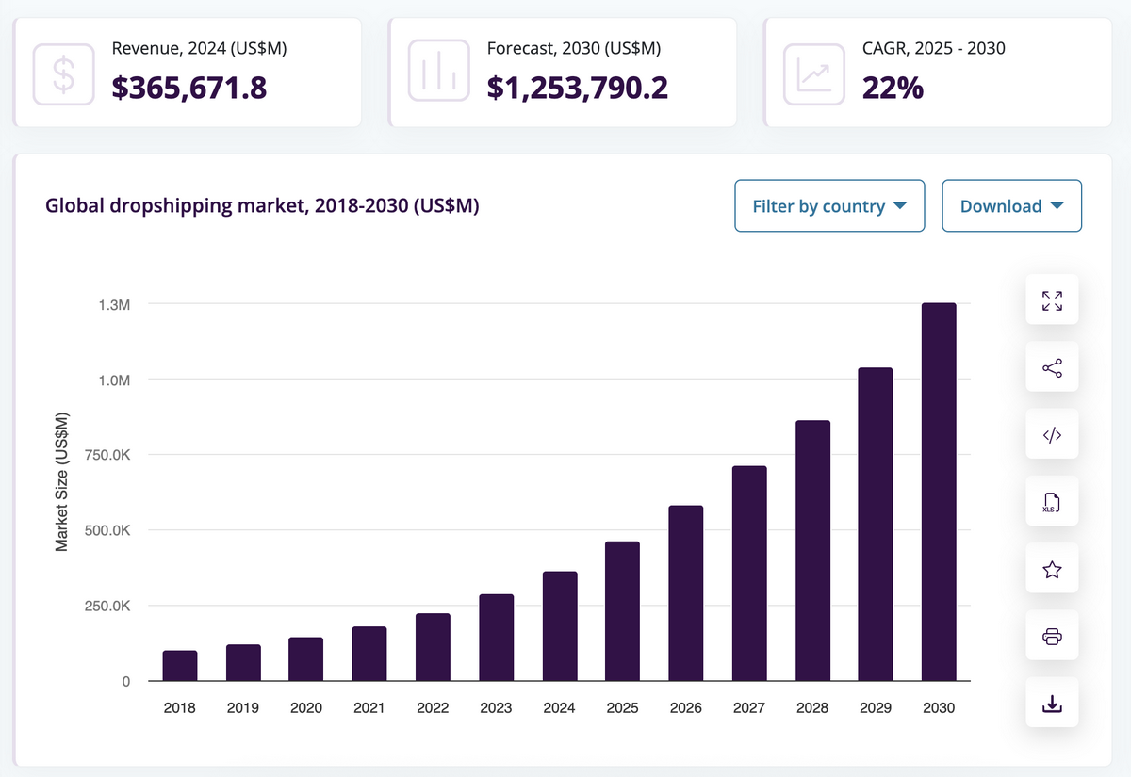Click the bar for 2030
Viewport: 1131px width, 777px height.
(939, 492)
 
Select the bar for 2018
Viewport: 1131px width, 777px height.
(180, 666)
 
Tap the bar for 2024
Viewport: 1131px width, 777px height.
(560, 626)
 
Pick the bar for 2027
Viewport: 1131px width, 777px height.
(749, 574)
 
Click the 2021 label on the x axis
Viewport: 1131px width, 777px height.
(369, 707)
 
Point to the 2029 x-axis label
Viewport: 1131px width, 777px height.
(876, 707)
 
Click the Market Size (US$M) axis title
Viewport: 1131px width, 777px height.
(62, 481)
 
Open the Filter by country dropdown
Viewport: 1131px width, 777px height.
(829, 205)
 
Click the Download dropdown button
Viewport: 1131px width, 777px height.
(1012, 205)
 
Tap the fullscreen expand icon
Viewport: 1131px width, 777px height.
(1052, 300)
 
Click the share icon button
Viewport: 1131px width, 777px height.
(1052, 368)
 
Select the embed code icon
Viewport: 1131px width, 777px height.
(1052, 435)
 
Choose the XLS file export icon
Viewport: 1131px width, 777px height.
(1052, 503)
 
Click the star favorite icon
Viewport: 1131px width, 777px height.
(1052, 570)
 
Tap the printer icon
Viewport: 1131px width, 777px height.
(1052, 638)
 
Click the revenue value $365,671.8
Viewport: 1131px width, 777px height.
(189, 88)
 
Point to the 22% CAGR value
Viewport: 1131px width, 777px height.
(893, 88)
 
